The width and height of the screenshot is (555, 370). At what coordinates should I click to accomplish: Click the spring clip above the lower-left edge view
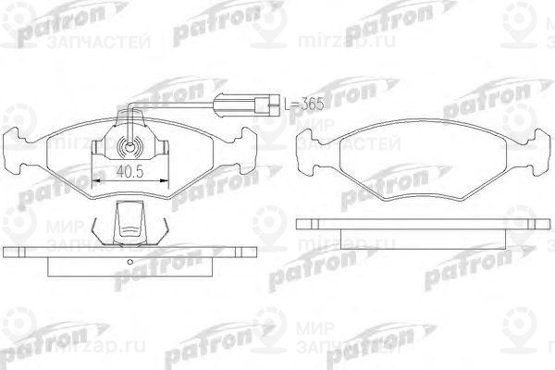[129, 222]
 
